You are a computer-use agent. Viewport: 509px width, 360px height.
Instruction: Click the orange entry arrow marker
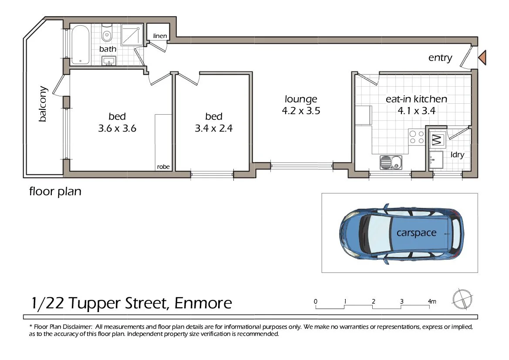482,58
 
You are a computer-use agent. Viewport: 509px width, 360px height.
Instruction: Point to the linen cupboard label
160,36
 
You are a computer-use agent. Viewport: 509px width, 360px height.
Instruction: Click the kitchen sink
391,163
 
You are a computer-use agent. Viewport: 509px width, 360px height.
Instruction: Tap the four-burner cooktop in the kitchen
416,137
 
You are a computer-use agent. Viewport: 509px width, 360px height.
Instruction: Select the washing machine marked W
436,140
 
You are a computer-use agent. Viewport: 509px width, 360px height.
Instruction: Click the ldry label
458,155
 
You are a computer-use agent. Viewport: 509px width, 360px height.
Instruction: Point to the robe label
163,167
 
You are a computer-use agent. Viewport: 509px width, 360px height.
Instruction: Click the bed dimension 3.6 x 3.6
117,129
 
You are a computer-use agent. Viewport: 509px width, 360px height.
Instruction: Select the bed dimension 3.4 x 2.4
214,129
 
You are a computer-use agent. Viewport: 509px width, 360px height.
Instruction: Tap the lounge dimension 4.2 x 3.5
301,111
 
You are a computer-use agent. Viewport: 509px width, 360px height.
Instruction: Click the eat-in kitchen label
416,99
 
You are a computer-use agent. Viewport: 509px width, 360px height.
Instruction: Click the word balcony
43,104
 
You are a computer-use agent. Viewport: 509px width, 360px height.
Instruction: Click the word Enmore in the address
203,303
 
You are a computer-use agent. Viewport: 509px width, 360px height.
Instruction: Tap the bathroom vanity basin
109,61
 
